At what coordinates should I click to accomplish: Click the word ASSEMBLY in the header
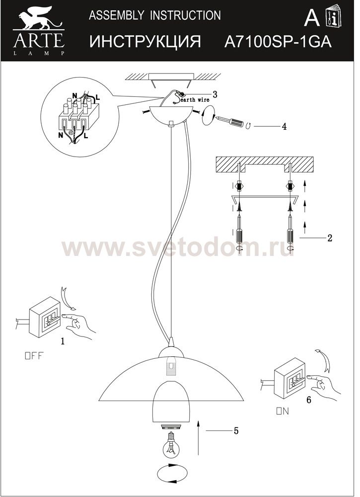116,15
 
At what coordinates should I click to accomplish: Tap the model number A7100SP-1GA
278,42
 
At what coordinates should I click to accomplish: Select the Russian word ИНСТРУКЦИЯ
145,42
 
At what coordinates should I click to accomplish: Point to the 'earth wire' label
195,99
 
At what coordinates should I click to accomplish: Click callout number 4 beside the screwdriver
284,126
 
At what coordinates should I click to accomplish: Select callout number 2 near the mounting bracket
330,238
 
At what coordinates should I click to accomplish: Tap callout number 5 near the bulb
235,431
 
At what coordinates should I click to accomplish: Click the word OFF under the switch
34,356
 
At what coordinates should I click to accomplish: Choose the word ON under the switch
283,412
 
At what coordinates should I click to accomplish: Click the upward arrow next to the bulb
199,438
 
